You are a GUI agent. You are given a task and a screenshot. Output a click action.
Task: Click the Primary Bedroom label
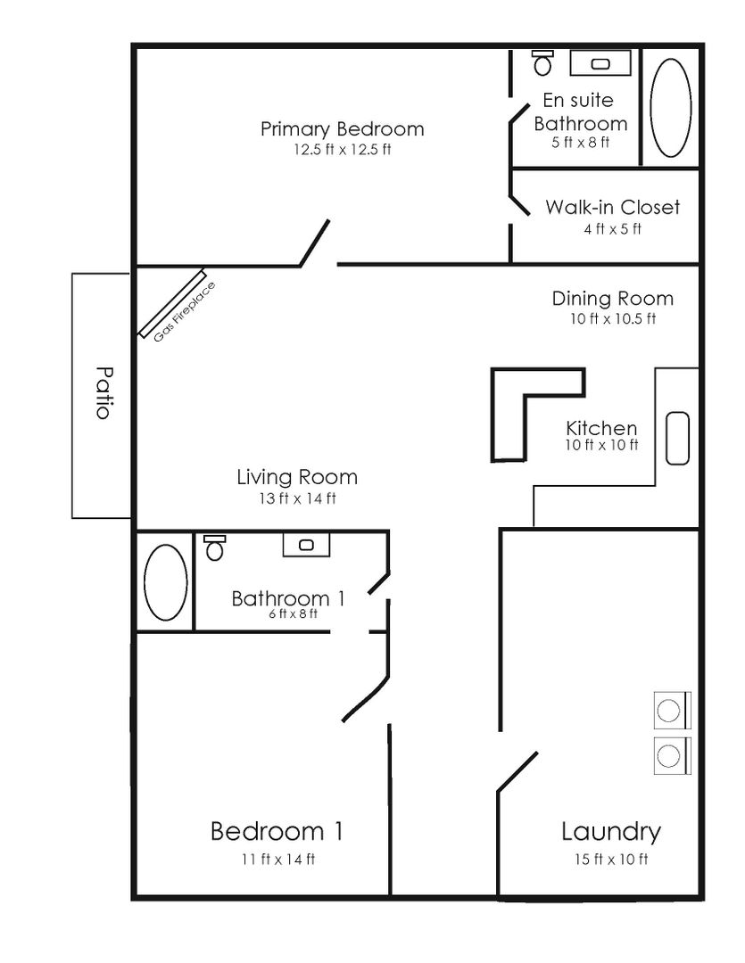click(x=342, y=129)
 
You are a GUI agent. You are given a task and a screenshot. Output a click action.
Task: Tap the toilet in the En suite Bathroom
click(x=542, y=62)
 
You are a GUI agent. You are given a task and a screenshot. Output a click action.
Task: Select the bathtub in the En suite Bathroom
click(x=670, y=108)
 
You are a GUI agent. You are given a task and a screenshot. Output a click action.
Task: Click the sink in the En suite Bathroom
click(x=600, y=63)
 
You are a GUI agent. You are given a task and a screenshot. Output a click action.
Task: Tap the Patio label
click(x=103, y=393)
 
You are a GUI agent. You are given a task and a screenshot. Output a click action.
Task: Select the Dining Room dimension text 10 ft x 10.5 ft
click(x=612, y=318)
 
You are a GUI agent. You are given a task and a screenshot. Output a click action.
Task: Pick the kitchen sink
click(x=678, y=439)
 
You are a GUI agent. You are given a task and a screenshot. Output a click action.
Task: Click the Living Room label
click(x=296, y=477)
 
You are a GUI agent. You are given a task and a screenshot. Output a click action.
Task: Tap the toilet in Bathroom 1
click(x=213, y=547)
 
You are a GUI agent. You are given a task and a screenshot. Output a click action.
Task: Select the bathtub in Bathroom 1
click(x=165, y=582)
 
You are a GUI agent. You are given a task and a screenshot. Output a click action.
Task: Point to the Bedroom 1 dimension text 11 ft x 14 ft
click(x=277, y=860)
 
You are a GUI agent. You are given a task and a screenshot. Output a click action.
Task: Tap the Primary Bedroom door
click(x=315, y=243)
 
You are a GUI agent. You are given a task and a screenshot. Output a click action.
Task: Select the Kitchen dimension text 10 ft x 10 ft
click(x=601, y=445)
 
